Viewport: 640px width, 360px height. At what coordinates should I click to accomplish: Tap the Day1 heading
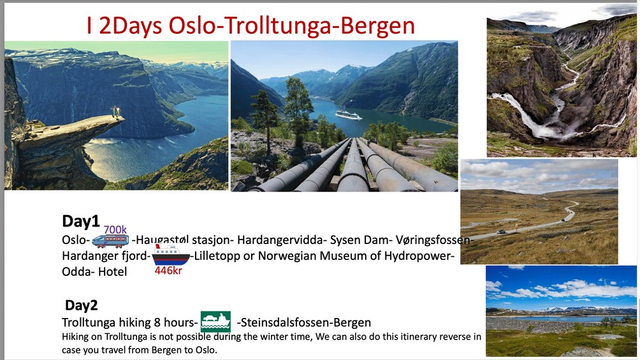click(81, 221)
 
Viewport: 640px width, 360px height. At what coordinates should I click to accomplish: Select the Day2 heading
click(81, 305)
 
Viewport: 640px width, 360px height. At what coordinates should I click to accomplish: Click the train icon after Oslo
click(110, 240)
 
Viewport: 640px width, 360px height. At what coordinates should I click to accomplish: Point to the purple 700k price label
click(115, 229)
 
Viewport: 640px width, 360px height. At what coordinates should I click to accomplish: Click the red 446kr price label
click(168, 270)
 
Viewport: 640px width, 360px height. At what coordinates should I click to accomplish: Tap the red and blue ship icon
click(171, 255)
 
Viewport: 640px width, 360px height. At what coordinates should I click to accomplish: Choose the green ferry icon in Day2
click(215, 322)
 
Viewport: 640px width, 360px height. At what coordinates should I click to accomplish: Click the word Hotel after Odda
click(112, 271)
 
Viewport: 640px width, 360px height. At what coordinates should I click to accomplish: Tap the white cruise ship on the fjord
click(349, 115)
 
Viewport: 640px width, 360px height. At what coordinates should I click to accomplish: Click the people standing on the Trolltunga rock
click(116, 111)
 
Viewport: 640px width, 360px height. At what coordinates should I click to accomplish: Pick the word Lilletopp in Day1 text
click(217, 256)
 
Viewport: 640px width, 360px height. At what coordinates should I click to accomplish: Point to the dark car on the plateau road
click(501, 232)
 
